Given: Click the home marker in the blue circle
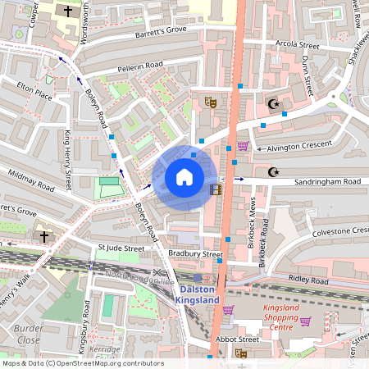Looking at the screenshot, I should coord(184,177).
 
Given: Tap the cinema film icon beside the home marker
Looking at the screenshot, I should coord(216,189).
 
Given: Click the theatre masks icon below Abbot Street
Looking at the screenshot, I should coord(241,353).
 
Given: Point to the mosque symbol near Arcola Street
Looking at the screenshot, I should coord(273,104).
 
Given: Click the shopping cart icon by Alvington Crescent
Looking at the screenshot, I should coord(243,147).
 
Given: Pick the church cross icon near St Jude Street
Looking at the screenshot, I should coord(43,236).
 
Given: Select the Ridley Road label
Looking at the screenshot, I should coord(307,280).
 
